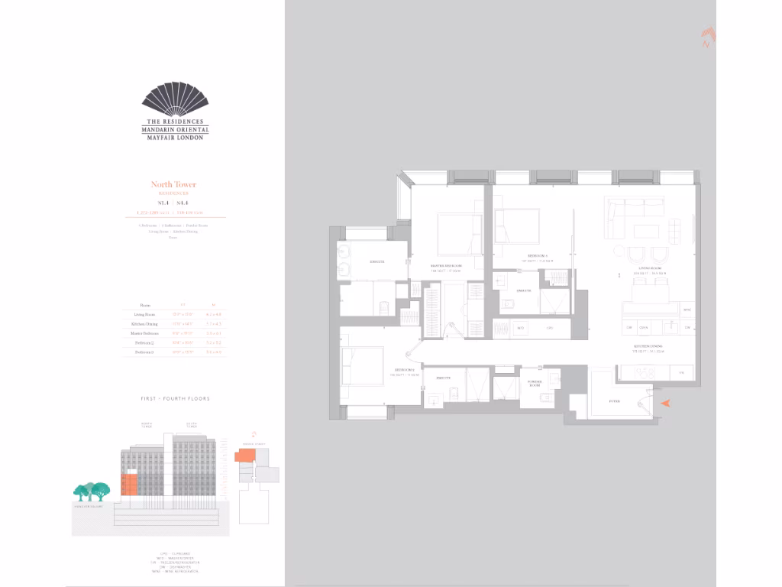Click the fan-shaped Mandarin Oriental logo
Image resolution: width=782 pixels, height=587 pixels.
click(x=175, y=101)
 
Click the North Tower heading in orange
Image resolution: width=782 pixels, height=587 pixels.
click(x=173, y=184)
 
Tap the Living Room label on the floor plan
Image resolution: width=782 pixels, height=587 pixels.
click(x=652, y=269)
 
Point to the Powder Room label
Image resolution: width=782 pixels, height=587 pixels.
click(x=535, y=383)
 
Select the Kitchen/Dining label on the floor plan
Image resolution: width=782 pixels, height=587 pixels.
click(x=650, y=349)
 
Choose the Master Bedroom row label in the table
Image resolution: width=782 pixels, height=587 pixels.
click(x=144, y=333)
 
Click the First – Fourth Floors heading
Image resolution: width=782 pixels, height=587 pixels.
click(x=175, y=398)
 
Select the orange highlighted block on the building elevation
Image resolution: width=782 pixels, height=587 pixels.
click(x=129, y=484)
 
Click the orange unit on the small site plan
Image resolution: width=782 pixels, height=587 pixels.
click(x=245, y=456)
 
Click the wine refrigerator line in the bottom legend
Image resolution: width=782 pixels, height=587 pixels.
click(x=175, y=571)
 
